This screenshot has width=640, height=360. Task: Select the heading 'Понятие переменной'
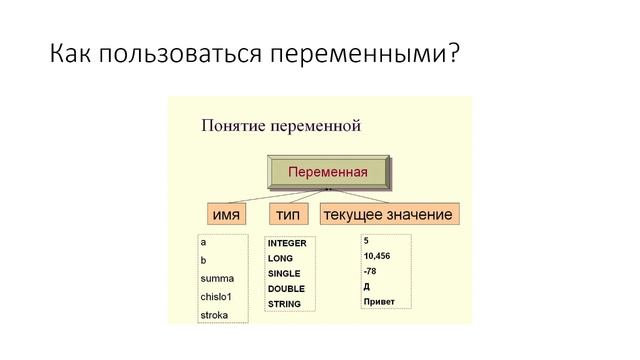coord(280,126)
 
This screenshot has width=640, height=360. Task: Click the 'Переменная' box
coord(327,172)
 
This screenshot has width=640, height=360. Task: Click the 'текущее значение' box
coord(387,215)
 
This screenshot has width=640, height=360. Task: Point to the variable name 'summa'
coord(217,279)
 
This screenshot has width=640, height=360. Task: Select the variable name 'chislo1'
coord(219,297)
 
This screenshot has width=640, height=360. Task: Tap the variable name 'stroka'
coord(215,315)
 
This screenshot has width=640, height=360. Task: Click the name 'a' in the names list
coord(204,242)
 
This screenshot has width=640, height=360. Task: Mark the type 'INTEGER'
coord(288,243)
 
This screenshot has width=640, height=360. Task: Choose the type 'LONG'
coord(280,258)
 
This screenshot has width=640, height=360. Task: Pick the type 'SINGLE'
coord(284,273)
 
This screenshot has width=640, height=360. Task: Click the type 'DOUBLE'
coord(285,288)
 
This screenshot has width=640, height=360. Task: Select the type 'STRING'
coord(284,304)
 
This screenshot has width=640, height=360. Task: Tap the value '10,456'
coord(378,256)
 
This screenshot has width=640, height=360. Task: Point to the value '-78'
coord(371,271)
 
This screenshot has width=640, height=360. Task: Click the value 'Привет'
coord(380,301)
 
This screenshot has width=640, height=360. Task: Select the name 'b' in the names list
coord(204,260)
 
